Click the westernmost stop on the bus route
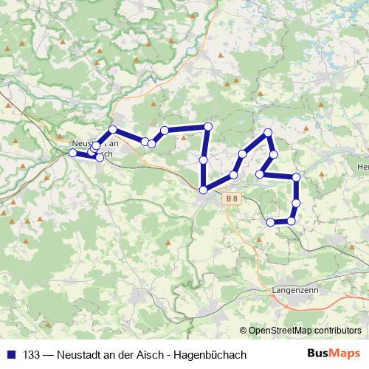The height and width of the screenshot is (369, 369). click(x=72, y=153)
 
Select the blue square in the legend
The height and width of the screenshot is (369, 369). click(x=10, y=355)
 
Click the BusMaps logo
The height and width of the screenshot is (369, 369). click(x=334, y=354)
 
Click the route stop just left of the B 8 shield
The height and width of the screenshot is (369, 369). click(x=203, y=190)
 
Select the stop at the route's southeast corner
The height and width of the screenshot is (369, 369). click(x=292, y=221)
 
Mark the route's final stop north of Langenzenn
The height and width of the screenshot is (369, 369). click(x=270, y=222)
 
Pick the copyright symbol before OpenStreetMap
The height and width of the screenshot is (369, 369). click(x=243, y=331)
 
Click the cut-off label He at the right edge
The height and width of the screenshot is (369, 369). click(x=362, y=168)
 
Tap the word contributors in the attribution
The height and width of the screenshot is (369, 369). click(x=338, y=331)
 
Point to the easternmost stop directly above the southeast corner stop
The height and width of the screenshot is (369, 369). click(x=296, y=203)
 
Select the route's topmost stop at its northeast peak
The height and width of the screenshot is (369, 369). click(x=268, y=132)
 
